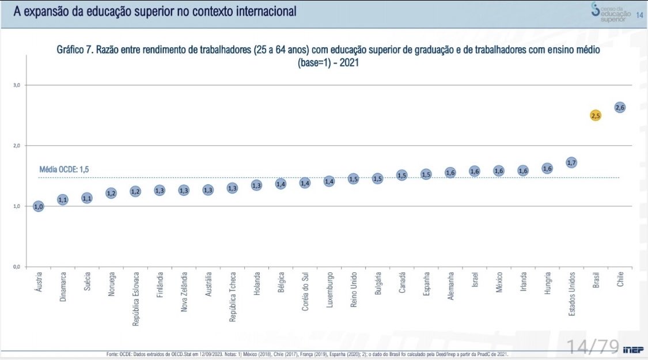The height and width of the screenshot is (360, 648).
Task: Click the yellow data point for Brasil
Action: [596, 115]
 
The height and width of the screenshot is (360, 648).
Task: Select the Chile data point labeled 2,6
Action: [620, 107]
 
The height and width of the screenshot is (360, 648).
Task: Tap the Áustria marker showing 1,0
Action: [38, 206]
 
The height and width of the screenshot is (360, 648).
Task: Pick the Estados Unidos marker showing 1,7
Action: [571, 162]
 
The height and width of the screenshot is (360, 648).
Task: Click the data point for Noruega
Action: [111, 193]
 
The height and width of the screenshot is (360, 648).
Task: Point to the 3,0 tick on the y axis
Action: [17, 85]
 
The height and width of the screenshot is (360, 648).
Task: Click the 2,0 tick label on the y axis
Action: [17, 146]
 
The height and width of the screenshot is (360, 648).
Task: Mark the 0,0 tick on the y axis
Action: [17, 267]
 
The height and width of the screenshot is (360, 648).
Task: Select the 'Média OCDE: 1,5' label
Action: [63, 169]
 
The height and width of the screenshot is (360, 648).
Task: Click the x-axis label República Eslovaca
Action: [136, 299]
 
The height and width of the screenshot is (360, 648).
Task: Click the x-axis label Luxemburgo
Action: [329, 291]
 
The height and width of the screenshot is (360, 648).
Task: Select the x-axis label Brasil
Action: [596, 281]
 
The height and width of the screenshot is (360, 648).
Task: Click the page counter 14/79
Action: [593, 347]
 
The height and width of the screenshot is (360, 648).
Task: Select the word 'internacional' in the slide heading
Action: [262, 11]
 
